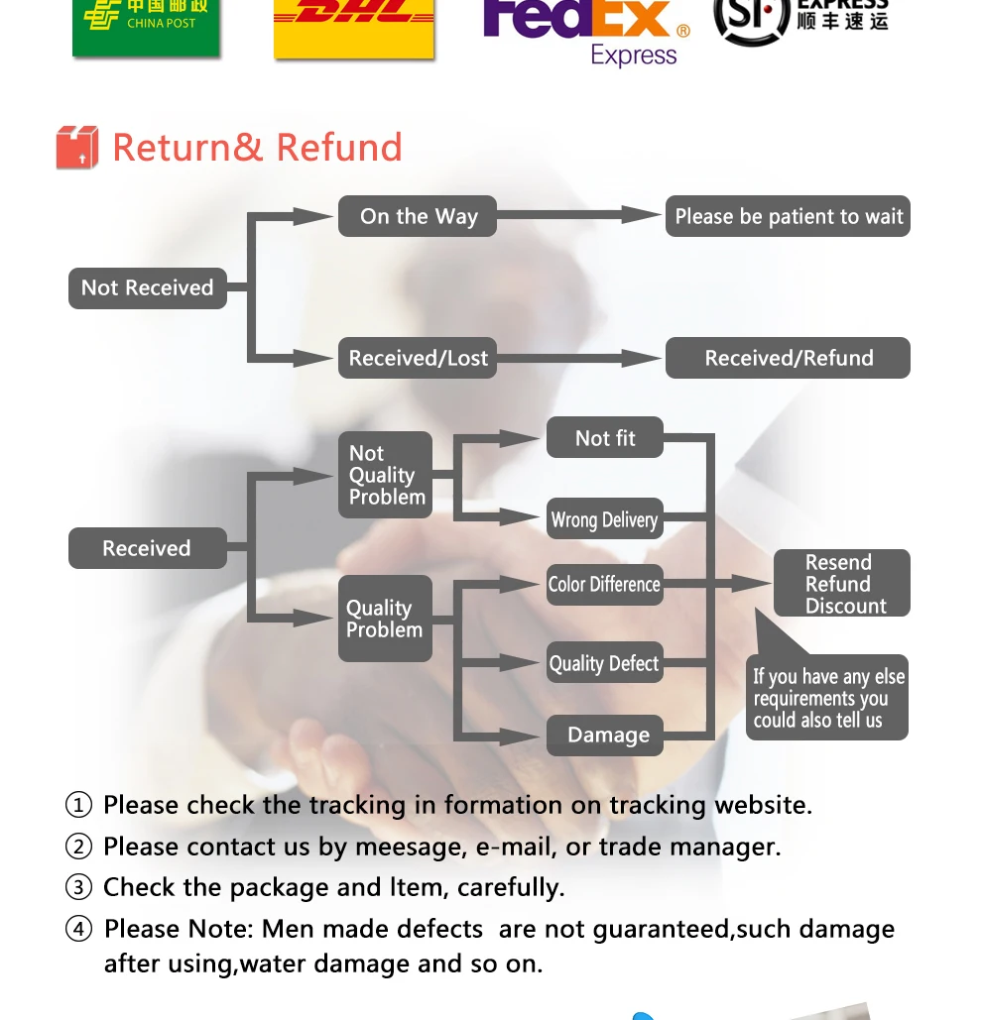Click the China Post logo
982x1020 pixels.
pos(146,26)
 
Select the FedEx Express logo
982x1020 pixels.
pos(585,32)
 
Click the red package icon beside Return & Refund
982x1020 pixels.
pos(77,148)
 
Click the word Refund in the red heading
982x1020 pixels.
pos(339,148)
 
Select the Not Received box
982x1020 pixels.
pos(148,288)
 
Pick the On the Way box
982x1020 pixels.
pos(418,216)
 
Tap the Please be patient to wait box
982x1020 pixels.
pos(788,216)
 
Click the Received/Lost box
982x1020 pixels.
pos(418,358)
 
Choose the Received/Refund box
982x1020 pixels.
pos(788,358)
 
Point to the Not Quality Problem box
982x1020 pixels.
pos(385,475)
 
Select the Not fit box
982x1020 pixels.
pos(604,438)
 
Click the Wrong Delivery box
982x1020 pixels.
pos(604,519)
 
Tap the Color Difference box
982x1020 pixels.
pos(604,584)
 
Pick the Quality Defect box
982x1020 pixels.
pos(604,663)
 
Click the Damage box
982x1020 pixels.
pos(606,736)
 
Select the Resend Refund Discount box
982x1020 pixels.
pos(841,584)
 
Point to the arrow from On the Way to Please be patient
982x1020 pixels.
pos(580,215)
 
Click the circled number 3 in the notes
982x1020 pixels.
pos(78,887)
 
